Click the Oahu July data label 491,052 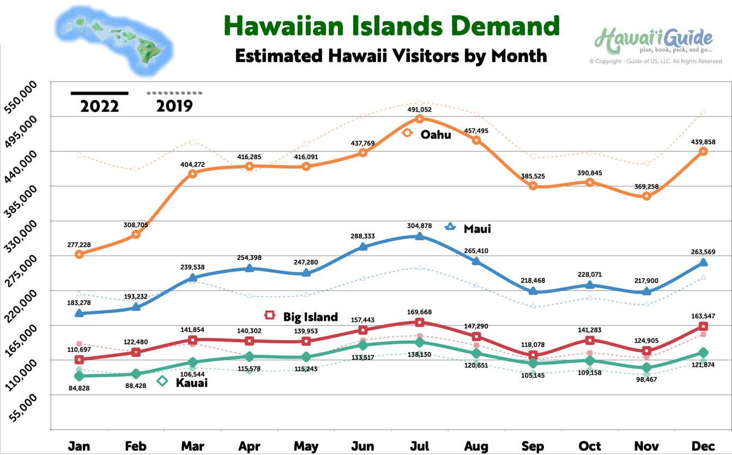tap(419, 109)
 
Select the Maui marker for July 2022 tap(419, 236)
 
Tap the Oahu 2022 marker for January tap(79, 254)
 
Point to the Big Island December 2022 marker tap(703, 326)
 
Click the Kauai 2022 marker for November tap(646, 368)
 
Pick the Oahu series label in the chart tap(435, 135)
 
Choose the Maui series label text tap(477, 229)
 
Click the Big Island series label tap(310, 317)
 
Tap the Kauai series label tap(191, 383)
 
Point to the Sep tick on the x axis tap(533, 446)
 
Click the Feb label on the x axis tap(136, 446)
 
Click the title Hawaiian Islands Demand tap(391, 26)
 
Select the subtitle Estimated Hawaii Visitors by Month tap(391, 56)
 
